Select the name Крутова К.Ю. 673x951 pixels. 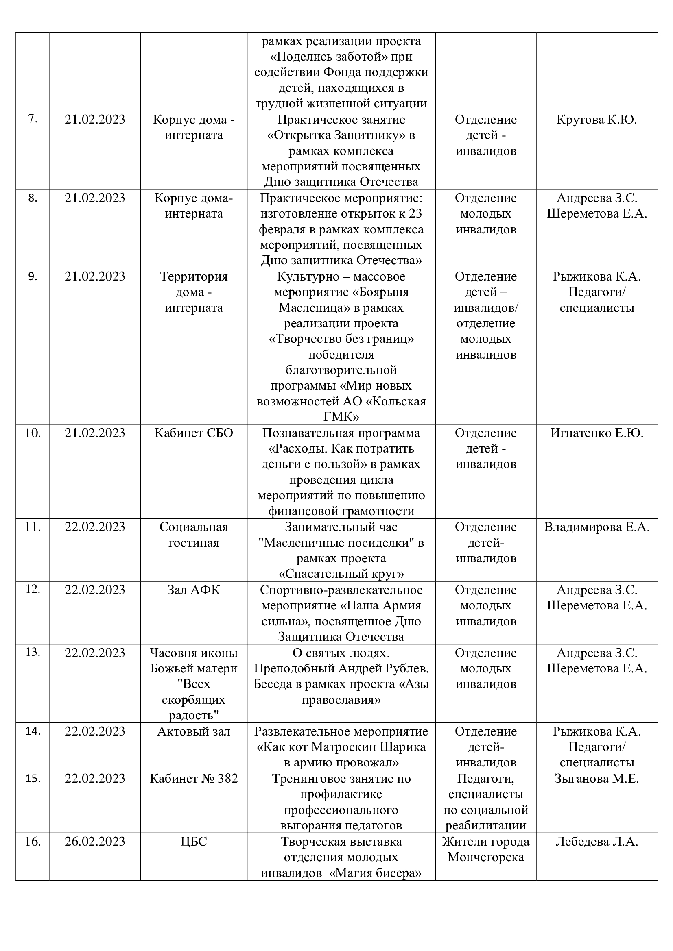597,120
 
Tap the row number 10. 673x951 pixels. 33,433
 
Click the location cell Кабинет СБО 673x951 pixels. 194,433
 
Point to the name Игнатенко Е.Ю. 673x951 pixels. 597,433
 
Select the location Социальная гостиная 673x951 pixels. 194,535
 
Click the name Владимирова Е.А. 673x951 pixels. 597,527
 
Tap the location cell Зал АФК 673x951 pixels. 194,590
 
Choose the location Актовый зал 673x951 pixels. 194,731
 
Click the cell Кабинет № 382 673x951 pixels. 194,779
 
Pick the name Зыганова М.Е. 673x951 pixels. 597,779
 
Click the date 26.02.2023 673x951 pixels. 94,842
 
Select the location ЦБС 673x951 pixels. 194,842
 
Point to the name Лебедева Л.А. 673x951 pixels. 597,842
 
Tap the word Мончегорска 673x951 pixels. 486,857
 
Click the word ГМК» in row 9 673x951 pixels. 341,417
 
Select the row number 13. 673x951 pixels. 33,652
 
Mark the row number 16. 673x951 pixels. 33,842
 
